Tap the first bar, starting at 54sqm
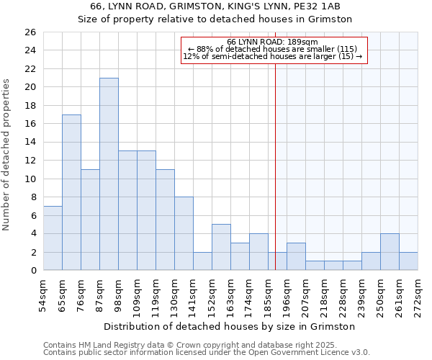tap(53, 238)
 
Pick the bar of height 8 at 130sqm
tap(184, 233)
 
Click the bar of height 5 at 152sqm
tap(221, 247)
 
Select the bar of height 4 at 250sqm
tap(390, 251)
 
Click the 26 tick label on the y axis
tap(29, 32)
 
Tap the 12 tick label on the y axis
tap(29, 161)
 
